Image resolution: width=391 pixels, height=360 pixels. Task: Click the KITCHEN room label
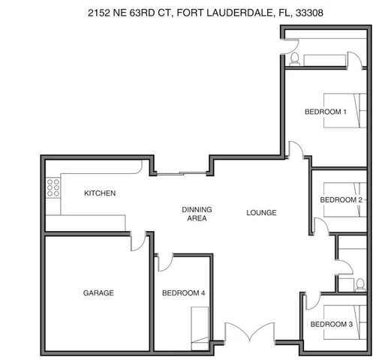click(100, 193)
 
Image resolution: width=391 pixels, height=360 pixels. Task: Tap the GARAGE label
click(98, 292)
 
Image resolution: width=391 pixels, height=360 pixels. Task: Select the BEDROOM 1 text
click(325, 112)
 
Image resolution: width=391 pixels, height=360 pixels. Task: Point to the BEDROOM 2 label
click(341, 200)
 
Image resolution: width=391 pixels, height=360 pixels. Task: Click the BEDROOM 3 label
click(331, 324)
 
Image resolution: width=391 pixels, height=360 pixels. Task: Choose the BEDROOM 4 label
click(184, 292)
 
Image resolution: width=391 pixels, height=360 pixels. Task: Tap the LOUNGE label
click(262, 213)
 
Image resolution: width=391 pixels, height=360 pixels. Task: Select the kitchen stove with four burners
click(53, 187)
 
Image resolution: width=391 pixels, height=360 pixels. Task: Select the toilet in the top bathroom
click(295, 58)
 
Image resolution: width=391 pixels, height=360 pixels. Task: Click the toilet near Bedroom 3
click(360, 284)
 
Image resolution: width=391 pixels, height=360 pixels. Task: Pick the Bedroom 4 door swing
click(166, 261)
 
